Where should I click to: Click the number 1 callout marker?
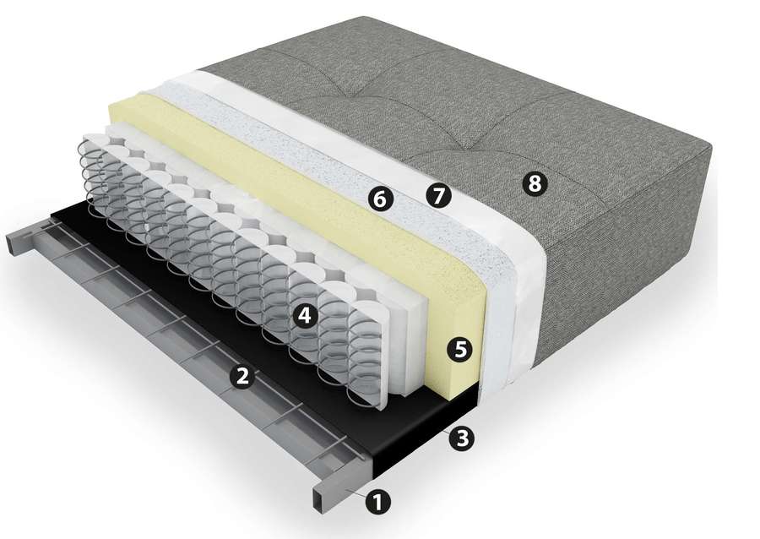coord(378,501)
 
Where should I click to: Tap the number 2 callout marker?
coord(242,375)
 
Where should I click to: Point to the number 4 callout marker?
coord(304,316)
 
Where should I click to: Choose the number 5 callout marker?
coord(459,349)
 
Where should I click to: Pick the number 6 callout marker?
coord(381,199)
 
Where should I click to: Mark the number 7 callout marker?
coord(438,196)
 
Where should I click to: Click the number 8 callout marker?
coord(535,183)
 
